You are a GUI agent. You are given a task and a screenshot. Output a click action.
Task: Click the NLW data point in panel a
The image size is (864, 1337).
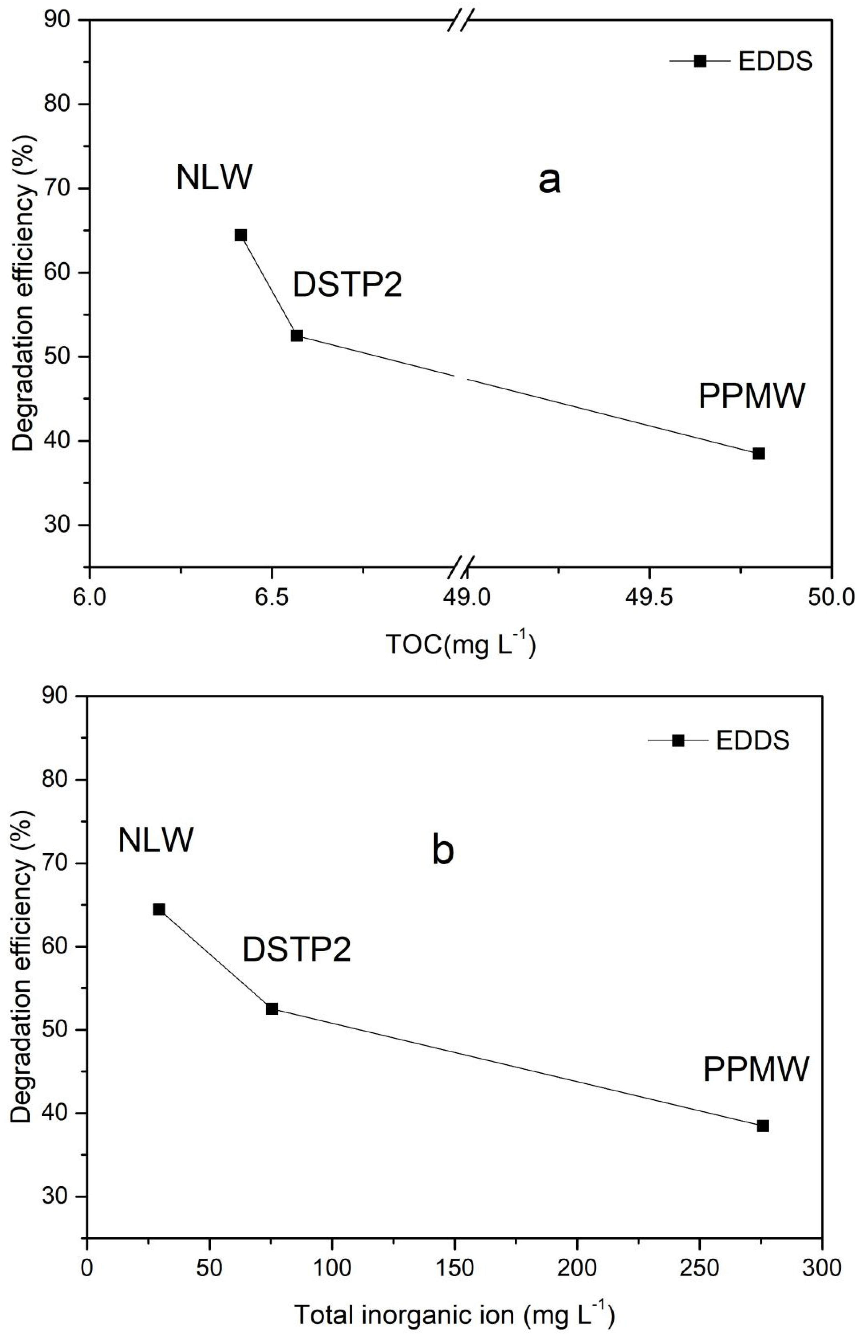(x=241, y=235)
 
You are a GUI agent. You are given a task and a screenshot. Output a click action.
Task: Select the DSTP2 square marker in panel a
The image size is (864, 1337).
(x=297, y=336)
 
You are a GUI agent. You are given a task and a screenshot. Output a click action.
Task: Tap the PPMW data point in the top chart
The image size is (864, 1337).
(x=759, y=453)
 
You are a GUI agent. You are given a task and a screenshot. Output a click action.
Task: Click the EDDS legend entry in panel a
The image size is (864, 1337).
(x=741, y=61)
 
